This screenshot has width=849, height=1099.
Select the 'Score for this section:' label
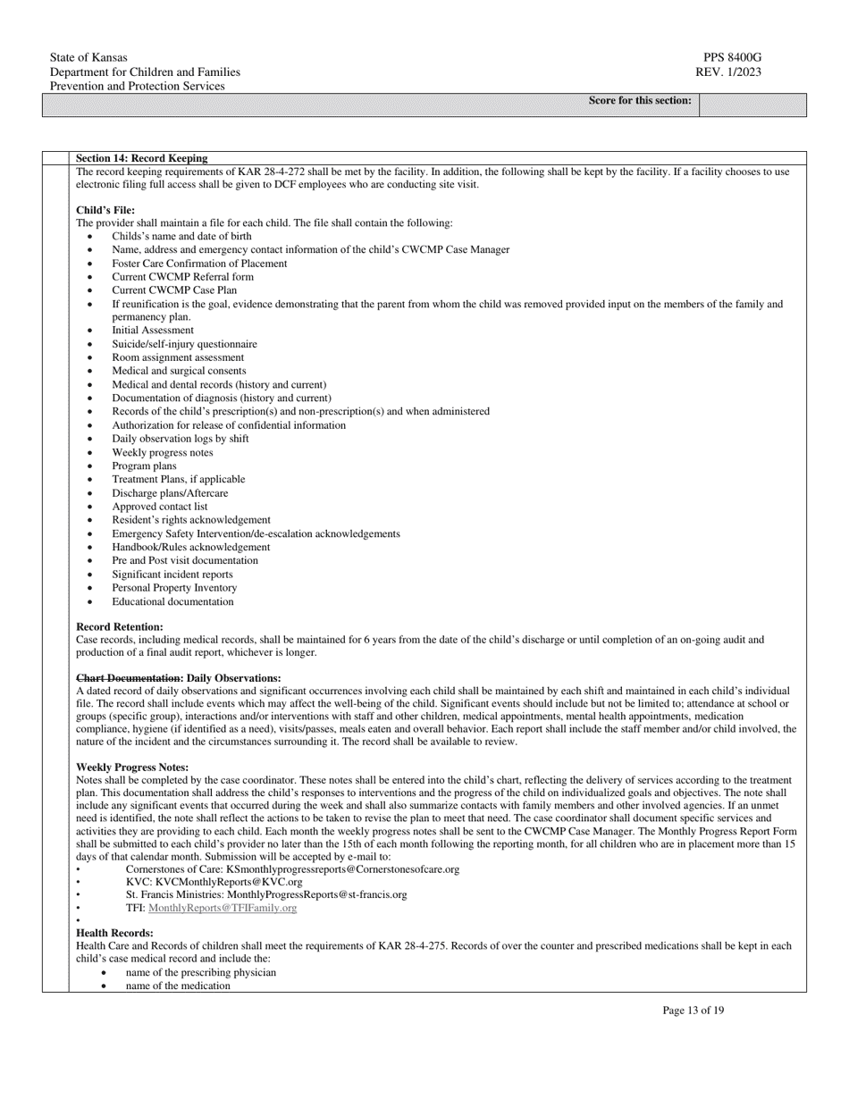point(640,101)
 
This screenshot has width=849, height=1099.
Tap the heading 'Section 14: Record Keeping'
point(142,158)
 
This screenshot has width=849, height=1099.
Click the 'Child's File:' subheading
point(105,210)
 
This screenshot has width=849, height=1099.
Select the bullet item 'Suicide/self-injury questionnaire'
point(184,344)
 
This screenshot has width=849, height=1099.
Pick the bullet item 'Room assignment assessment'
point(178,357)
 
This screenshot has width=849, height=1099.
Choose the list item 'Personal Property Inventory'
point(174,588)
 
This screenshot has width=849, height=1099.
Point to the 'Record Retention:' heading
point(120,627)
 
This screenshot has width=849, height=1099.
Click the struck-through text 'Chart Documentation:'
point(130,678)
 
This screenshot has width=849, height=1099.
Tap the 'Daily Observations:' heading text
point(234,678)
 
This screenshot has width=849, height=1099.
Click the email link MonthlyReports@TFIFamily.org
point(223,908)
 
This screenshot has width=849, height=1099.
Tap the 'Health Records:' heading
point(114,934)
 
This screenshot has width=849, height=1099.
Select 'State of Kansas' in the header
point(88,58)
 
